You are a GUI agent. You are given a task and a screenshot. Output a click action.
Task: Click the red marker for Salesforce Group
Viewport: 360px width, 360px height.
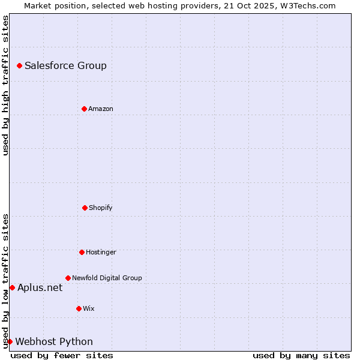[19, 65]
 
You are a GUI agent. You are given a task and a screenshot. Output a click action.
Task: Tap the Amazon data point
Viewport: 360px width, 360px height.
[84, 109]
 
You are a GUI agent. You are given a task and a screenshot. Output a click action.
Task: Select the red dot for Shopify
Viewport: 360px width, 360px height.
[85, 208]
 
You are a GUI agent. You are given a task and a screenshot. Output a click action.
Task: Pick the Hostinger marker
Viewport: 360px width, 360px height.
[82, 252]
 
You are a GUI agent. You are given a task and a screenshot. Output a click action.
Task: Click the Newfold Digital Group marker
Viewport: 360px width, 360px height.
[68, 278]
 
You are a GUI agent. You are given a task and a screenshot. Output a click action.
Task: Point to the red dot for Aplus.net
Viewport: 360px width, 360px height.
[12, 287]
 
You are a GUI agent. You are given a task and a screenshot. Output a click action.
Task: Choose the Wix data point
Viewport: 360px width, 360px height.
[79, 308]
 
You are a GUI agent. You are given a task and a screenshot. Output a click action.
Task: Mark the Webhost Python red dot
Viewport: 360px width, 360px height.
[10, 341]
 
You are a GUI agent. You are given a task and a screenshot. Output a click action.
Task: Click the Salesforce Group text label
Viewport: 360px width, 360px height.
[65, 65]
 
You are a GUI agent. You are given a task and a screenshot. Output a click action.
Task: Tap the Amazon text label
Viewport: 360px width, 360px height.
[101, 109]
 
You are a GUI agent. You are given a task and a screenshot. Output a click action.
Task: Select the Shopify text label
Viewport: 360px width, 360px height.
[101, 208]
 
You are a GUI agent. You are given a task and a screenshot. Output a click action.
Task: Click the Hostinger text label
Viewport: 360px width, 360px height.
[101, 252]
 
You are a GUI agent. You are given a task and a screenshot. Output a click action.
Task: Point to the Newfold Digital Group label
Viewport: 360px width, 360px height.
[107, 278]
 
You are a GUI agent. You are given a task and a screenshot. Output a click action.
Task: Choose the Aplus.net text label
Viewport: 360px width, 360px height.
[40, 287]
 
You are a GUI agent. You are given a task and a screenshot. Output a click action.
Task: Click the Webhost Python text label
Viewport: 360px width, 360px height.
[54, 341]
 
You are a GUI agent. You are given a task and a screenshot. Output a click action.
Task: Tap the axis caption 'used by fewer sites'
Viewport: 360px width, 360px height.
[62, 355]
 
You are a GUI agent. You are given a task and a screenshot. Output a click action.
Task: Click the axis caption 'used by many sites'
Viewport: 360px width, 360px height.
[301, 355]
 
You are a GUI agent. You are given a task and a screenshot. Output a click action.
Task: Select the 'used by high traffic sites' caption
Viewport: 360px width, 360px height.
[5, 85]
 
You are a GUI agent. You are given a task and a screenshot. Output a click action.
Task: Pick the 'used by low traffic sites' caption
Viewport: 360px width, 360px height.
[5, 280]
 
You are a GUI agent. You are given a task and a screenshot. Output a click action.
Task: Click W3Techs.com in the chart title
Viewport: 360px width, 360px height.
[307, 5]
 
